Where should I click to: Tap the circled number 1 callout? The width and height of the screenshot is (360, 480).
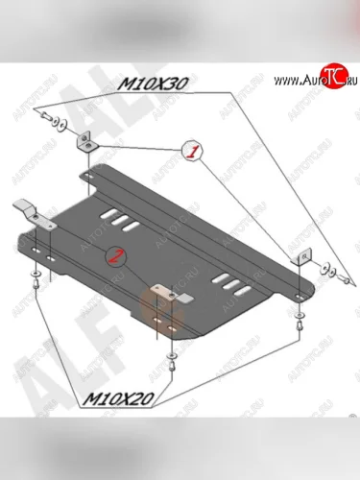point(192,151)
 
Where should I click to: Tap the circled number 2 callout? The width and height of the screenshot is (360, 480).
point(117,256)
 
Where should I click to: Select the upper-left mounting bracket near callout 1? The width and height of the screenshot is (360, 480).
point(84,140)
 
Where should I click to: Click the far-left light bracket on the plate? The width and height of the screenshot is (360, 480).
point(29,207)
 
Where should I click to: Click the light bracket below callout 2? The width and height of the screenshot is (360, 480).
point(164,292)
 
